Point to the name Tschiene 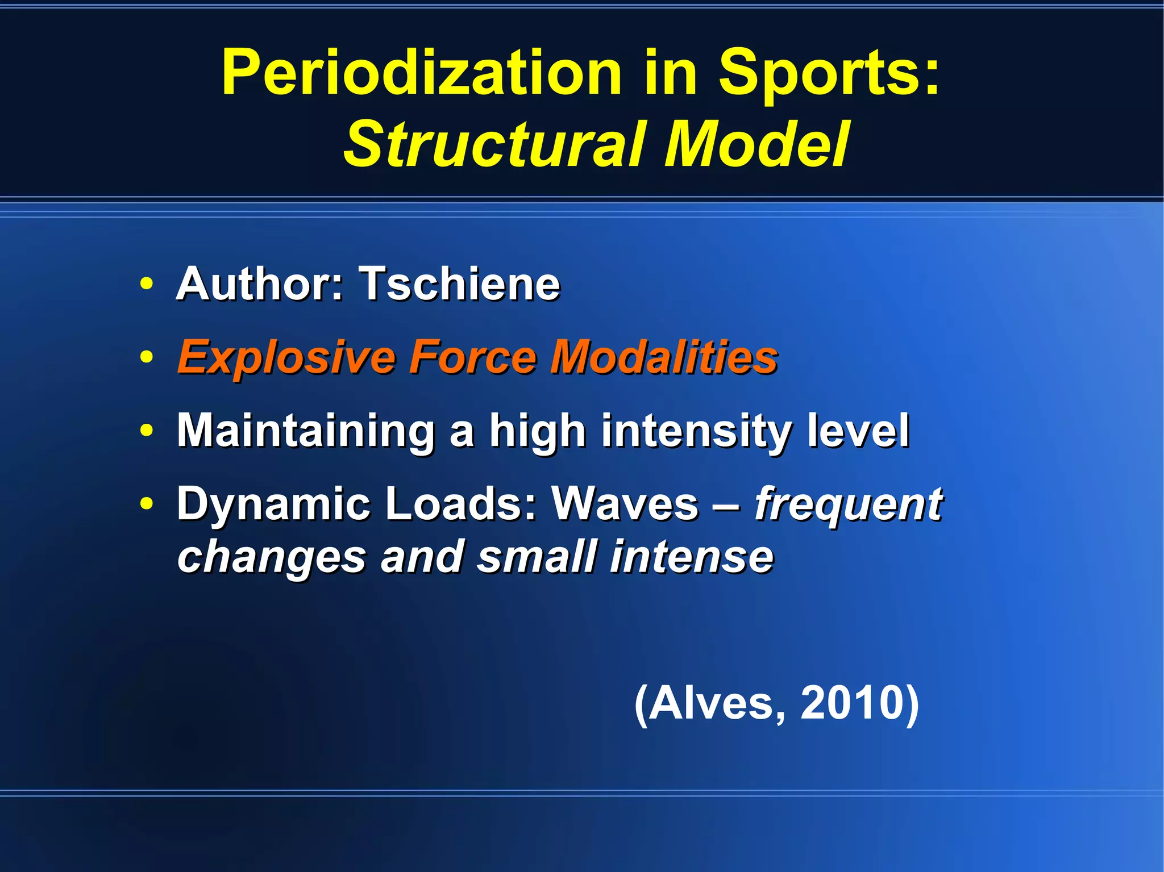pyautogui.click(x=460, y=283)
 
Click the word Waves pyautogui.click(x=625, y=503)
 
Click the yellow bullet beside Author pyautogui.click(x=147, y=283)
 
